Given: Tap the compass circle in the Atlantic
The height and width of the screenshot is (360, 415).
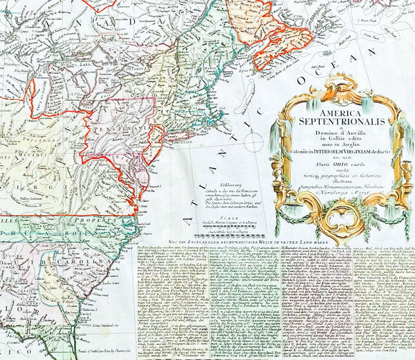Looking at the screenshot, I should (x=254, y=143).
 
